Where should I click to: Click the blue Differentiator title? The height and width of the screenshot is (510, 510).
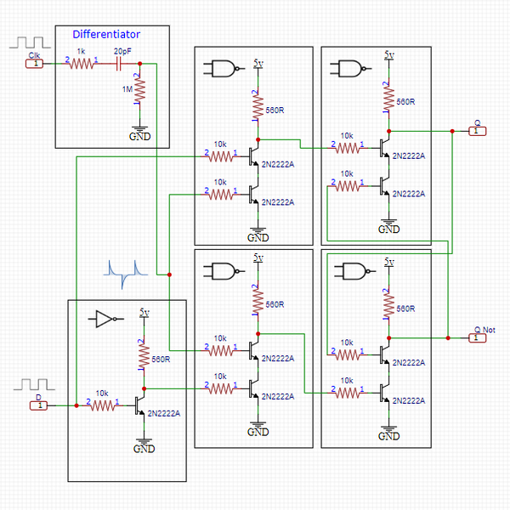click(106, 35)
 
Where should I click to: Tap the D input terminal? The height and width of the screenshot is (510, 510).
click(37, 405)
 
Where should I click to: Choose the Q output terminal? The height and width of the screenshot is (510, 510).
click(478, 131)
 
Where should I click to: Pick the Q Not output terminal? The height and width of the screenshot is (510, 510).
click(478, 337)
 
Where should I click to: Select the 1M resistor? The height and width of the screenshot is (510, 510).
click(139, 89)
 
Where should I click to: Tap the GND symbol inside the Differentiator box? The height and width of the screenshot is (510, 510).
click(140, 133)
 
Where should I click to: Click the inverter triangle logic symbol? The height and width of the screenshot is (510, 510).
click(105, 320)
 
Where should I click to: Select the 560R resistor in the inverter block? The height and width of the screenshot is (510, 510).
click(143, 357)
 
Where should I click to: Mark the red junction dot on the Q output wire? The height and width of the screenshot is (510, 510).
click(451, 131)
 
